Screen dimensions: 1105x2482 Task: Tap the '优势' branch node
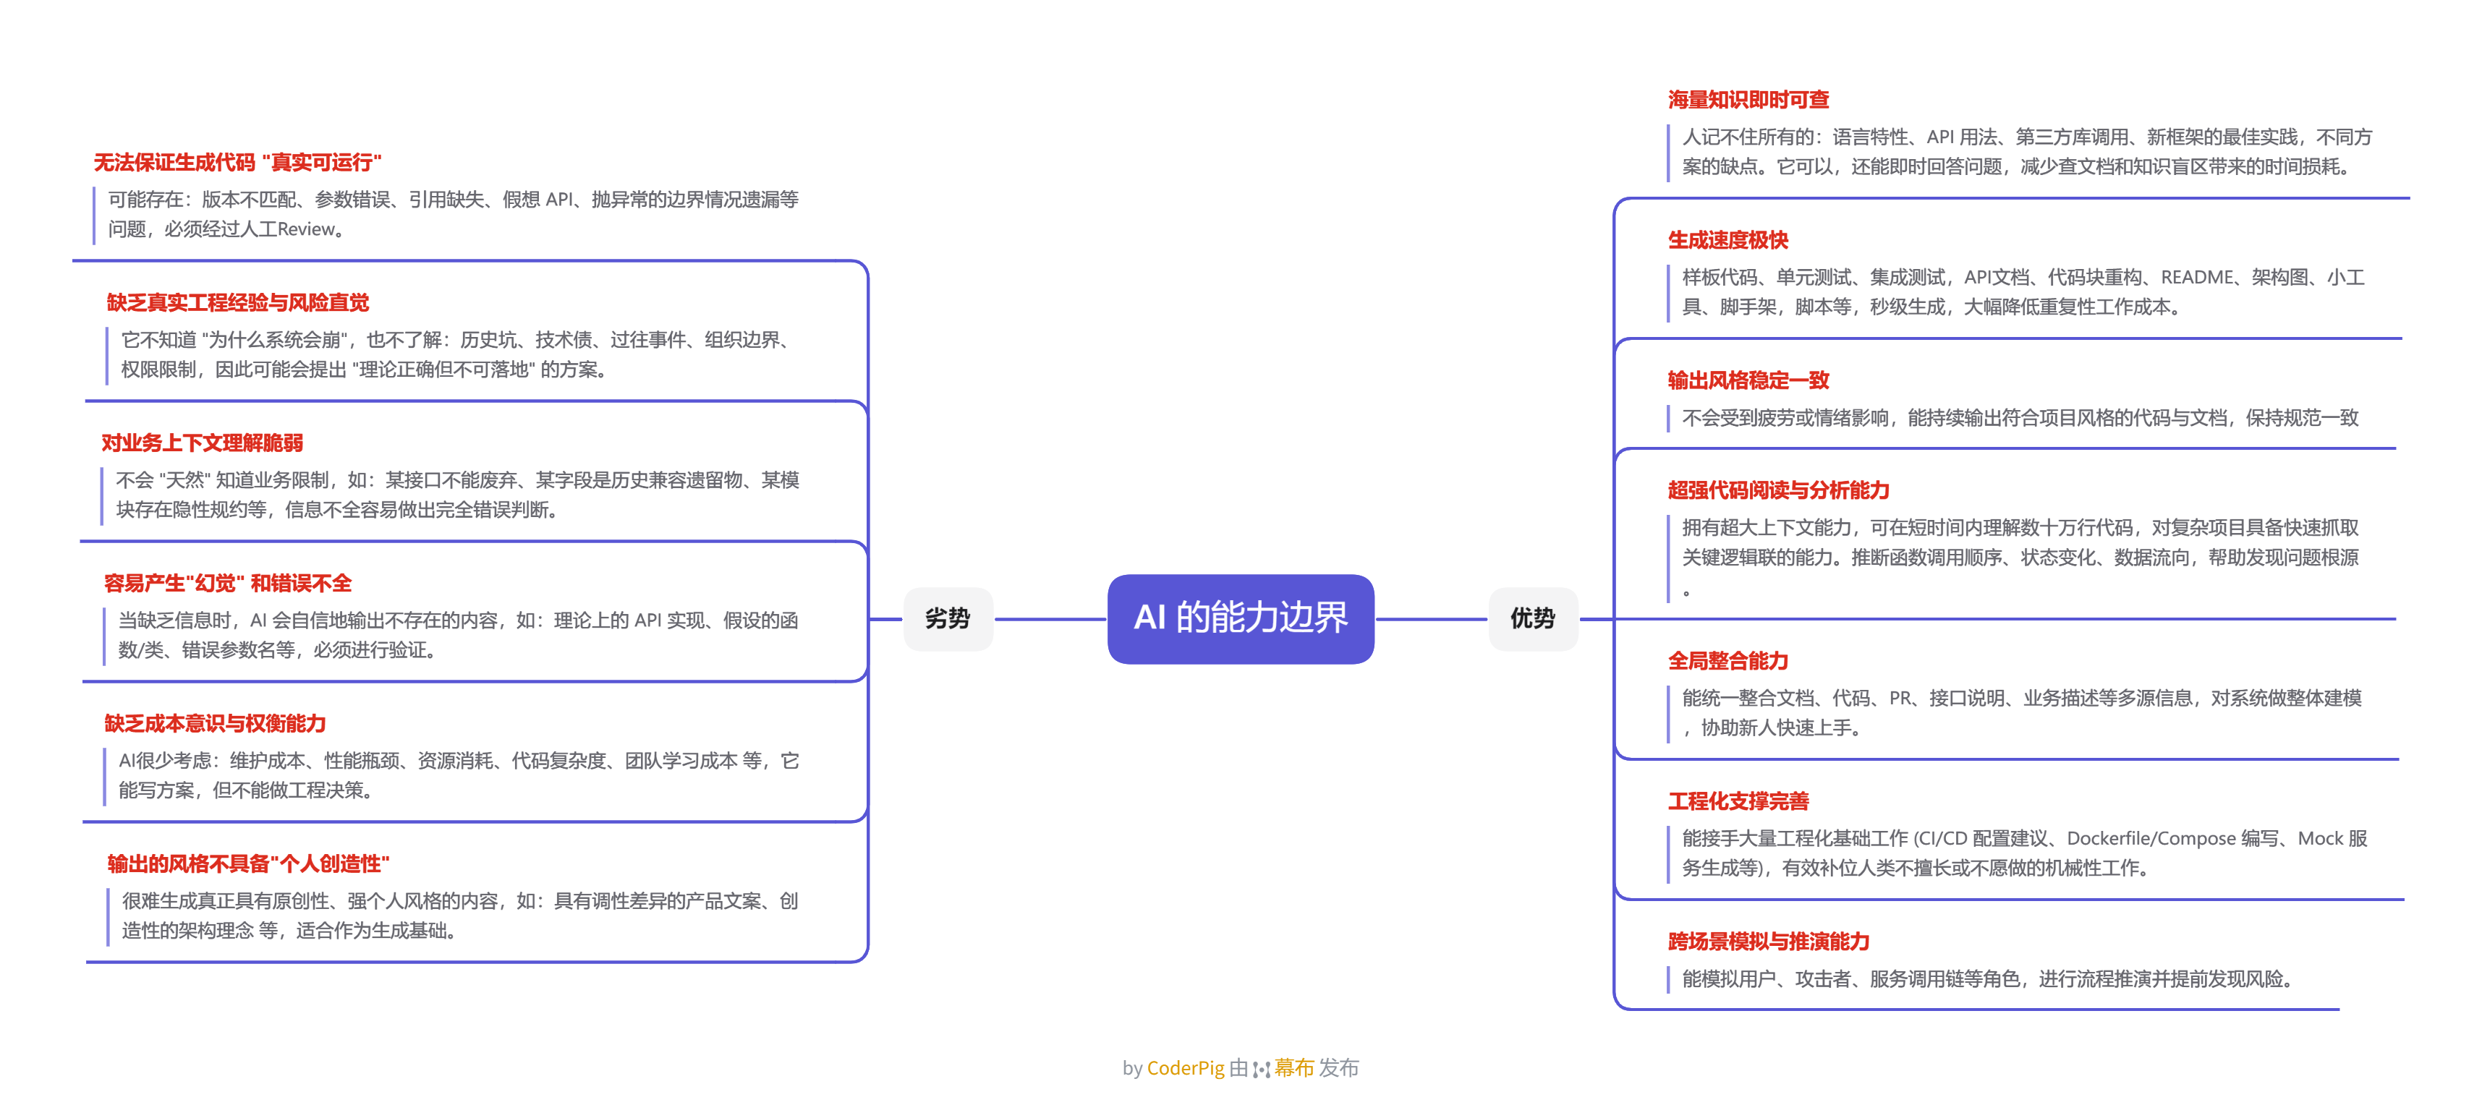(x=1532, y=618)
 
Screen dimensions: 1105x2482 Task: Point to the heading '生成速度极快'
(x=1727, y=241)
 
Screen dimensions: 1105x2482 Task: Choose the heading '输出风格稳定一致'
(x=1748, y=380)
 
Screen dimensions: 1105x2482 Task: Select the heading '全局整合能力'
(x=1727, y=661)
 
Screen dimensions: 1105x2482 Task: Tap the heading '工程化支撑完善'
(x=1738, y=801)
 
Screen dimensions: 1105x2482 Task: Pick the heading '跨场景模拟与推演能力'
(x=1768, y=942)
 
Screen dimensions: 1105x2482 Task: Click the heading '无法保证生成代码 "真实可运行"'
(x=237, y=163)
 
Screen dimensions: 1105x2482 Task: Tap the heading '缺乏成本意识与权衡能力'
(x=215, y=723)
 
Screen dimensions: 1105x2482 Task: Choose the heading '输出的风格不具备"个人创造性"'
(x=247, y=864)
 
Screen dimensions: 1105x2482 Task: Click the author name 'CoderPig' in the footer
(x=1185, y=1067)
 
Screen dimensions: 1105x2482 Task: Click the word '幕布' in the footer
(x=1294, y=1067)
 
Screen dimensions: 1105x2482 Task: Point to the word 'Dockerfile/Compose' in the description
(x=2151, y=839)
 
